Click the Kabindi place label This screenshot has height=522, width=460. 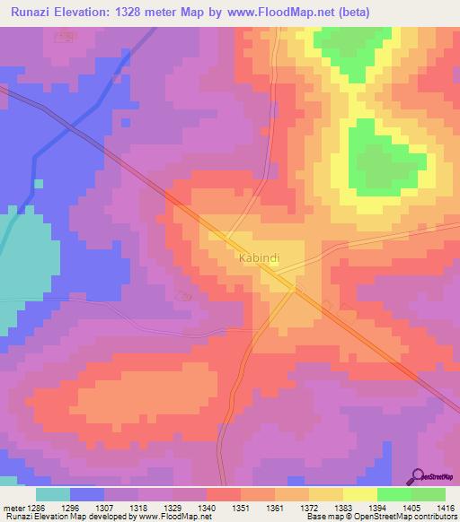point(260,258)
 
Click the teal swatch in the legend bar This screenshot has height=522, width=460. point(52,494)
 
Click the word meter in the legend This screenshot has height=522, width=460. point(15,507)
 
